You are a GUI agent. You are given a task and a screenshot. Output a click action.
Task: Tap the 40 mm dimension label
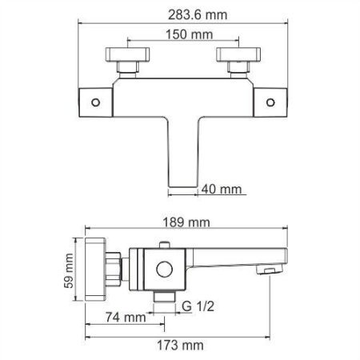218,189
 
